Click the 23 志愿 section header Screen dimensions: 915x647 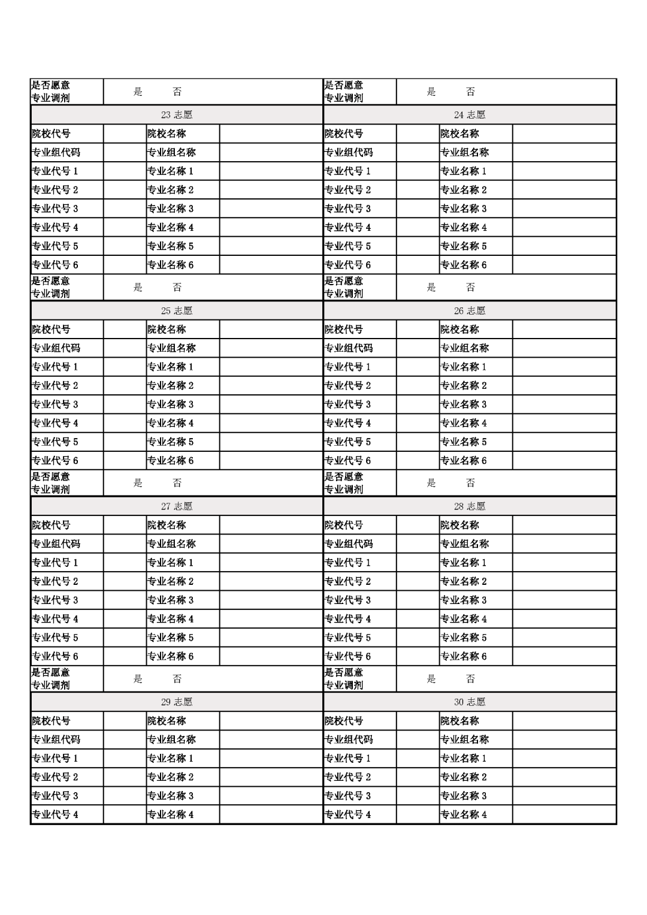click(177, 115)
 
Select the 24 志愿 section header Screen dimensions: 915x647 click(470, 115)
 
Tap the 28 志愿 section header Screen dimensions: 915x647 click(470, 506)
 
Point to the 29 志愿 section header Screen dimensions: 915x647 click(177, 702)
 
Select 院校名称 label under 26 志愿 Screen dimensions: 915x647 click(460, 330)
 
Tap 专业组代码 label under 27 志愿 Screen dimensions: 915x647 click(56, 544)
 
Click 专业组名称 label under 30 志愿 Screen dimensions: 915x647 click(465, 739)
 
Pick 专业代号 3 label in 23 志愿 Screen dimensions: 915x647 click(55, 209)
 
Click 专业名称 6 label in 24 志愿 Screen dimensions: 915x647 click(464, 265)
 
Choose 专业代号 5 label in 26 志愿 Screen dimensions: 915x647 click(348, 442)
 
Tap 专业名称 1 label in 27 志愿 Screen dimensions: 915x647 click(171, 563)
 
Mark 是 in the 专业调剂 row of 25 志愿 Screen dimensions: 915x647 click(138, 483)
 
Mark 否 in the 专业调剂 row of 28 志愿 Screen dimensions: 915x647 click(470, 679)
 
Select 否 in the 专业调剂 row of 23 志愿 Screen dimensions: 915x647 click(177, 288)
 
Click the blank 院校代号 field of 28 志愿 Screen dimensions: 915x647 click(418, 526)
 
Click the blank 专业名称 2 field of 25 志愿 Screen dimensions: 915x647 click(271, 386)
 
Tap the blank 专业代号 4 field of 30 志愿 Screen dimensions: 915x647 click(418, 815)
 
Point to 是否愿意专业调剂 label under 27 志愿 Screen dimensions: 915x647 click(51, 679)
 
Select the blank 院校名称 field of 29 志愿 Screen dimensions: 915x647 click(271, 721)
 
